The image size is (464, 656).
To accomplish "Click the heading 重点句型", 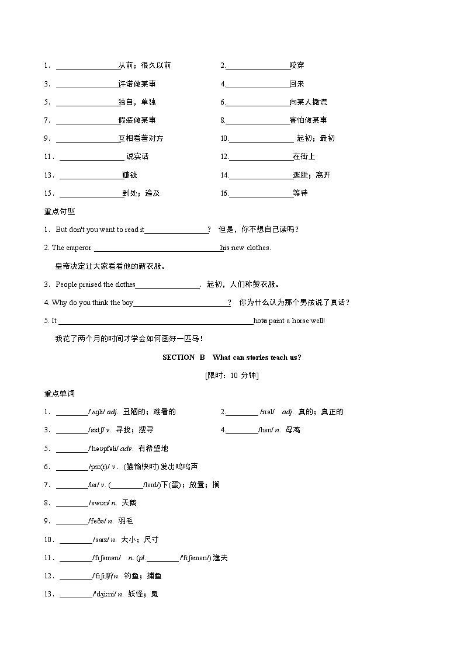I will (59, 211).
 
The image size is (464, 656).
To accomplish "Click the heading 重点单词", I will (59, 394).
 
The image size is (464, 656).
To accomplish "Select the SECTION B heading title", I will (231, 357).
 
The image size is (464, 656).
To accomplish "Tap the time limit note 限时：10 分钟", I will (231, 376).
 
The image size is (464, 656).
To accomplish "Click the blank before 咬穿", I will (257, 66).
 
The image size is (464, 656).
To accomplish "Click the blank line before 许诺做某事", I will (87, 84).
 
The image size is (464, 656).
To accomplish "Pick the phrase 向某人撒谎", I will (309, 102).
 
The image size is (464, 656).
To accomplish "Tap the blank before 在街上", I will (261, 157).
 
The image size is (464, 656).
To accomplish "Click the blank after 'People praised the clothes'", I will (168, 284).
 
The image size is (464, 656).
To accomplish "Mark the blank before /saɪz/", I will (75, 539).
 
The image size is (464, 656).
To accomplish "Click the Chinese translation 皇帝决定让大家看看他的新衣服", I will (110, 266).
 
